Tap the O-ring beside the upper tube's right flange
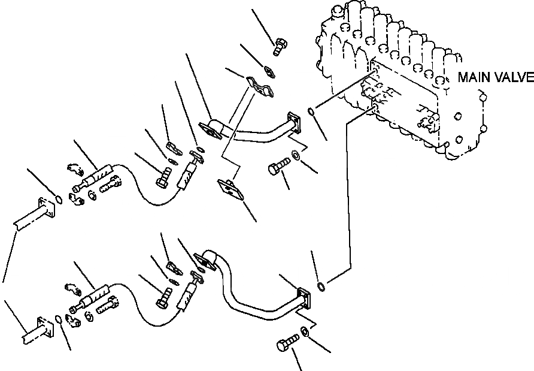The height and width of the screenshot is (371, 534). [x=312, y=111]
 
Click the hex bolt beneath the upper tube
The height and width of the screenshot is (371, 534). [x=277, y=168]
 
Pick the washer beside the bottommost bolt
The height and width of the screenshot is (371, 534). [x=305, y=331]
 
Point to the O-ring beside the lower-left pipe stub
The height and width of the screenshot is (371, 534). [x=58, y=318]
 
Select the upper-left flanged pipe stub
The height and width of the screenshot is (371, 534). [x=36, y=212]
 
